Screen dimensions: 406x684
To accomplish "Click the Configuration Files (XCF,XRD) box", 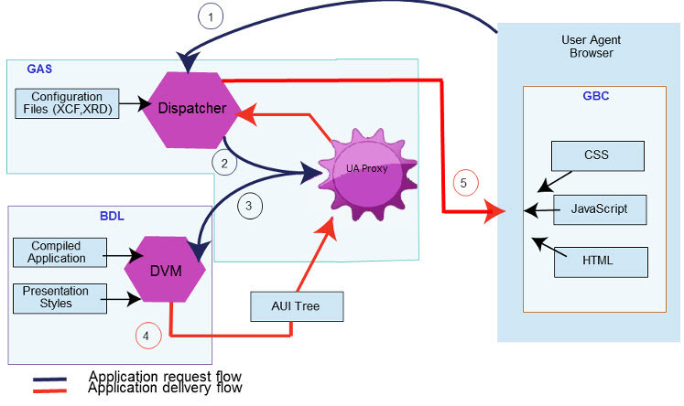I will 67,102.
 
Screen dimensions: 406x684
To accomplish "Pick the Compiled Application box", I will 59,252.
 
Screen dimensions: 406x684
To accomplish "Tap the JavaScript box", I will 599,208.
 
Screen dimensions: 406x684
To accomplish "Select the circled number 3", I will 251,207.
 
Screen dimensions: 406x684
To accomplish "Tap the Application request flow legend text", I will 165,376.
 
